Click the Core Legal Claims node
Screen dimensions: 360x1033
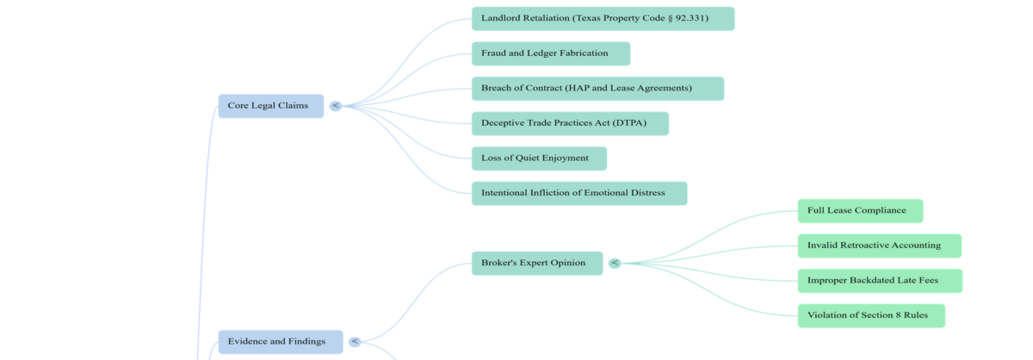270,106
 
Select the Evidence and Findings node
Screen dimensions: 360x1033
280,342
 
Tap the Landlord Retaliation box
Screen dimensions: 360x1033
603,19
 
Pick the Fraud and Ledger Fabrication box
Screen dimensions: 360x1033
550,53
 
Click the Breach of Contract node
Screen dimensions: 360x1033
597,89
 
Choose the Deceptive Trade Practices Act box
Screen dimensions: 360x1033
569,123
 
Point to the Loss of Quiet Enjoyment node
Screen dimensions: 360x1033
538,158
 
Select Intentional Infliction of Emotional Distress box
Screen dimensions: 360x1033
578,193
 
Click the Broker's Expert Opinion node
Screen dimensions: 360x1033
536,263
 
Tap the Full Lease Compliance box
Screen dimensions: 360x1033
859,211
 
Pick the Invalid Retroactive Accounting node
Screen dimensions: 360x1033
878,245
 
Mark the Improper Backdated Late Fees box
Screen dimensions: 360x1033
879,281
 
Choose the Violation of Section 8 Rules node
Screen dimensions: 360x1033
870,315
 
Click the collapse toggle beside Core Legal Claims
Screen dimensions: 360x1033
336,106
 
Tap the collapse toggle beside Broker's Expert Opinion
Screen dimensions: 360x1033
615,263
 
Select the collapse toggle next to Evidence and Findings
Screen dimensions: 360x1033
355,342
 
